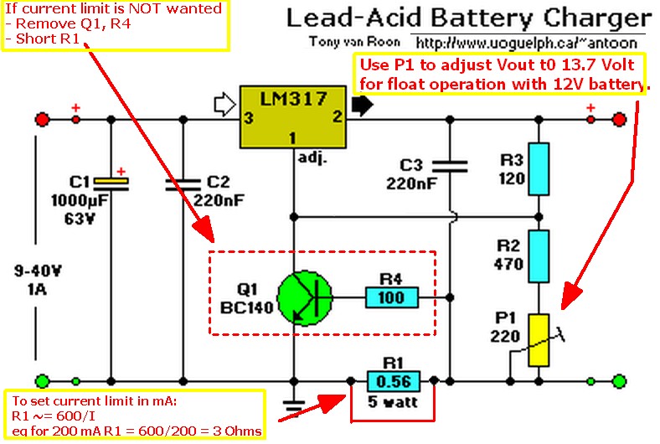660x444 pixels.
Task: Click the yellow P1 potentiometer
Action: tap(539, 340)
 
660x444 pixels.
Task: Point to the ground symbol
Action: tap(293, 406)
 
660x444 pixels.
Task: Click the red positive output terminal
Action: tap(619, 120)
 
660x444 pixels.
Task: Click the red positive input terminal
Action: tap(40, 120)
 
